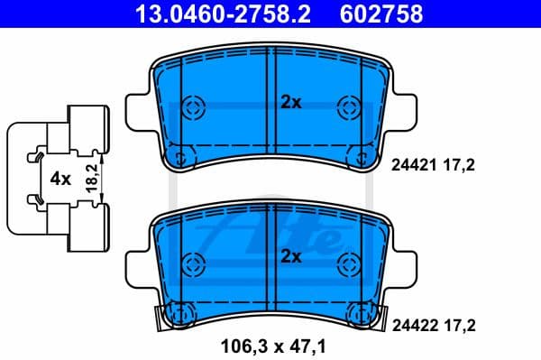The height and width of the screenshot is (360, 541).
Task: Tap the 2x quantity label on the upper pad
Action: pos(290,103)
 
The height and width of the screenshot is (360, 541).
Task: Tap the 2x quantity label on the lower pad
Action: pos(290,255)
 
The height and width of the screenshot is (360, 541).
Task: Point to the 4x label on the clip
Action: pos(60,178)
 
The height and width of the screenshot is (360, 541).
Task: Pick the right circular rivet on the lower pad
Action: pos(348,263)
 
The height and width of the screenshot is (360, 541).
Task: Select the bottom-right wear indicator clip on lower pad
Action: pos(362,315)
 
